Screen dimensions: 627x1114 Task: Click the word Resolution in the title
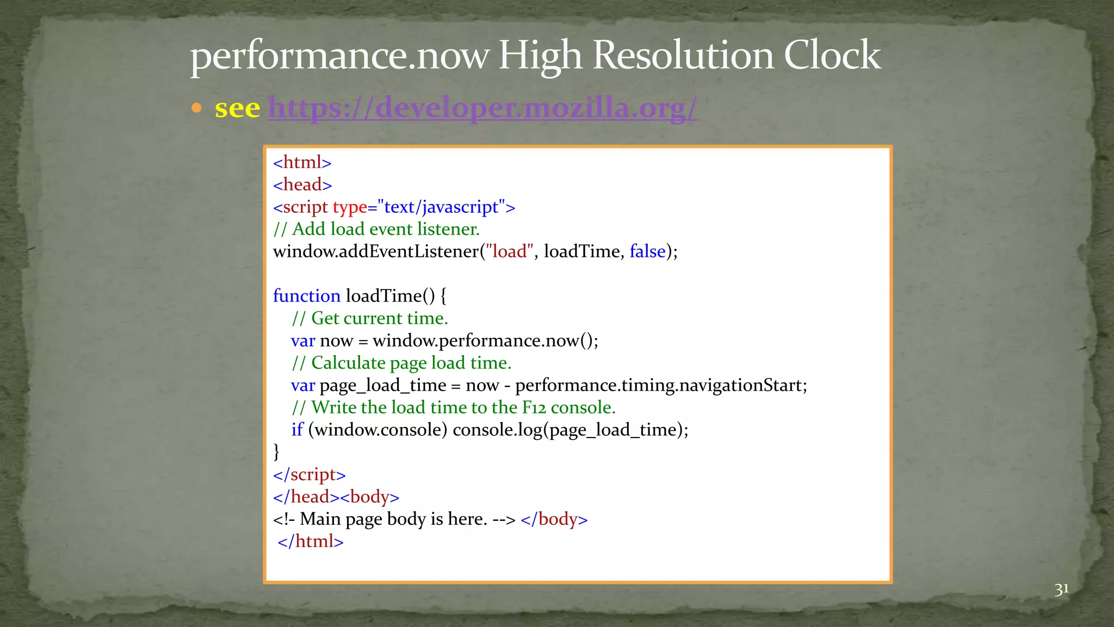pyautogui.click(x=682, y=56)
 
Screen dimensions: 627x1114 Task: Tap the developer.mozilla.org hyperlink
pyautogui.click(x=482, y=107)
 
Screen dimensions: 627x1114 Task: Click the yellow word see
pyautogui.click(x=237, y=108)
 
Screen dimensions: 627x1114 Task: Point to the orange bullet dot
pyautogui.click(x=197, y=108)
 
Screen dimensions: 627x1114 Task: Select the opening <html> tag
pyautogui.click(x=302, y=162)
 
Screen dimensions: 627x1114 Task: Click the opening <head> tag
pyautogui.click(x=302, y=185)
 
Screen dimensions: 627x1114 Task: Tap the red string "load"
pyautogui.click(x=509, y=251)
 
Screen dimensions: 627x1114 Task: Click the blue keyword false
pyautogui.click(x=647, y=251)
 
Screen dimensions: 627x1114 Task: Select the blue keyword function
pyautogui.click(x=306, y=296)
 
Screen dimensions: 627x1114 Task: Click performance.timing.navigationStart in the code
pyautogui.click(x=660, y=385)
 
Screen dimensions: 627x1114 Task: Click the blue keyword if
pyautogui.click(x=297, y=430)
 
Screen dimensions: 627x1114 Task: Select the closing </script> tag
pyautogui.click(x=309, y=475)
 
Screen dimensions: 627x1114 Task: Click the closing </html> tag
pyautogui.click(x=311, y=542)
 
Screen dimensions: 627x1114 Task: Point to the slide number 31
pyautogui.click(x=1061, y=589)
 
